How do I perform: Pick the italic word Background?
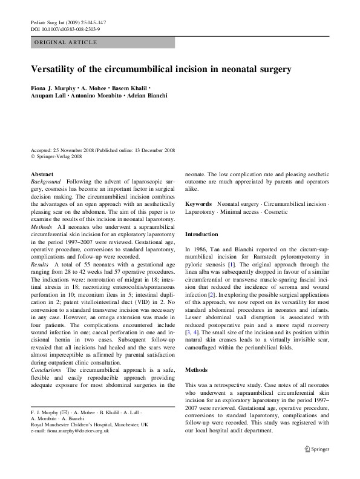coord(46,182)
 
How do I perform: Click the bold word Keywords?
coord(198,205)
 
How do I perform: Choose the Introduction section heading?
coord(202,234)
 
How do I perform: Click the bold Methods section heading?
coord(197,369)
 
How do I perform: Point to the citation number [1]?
coord(231,264)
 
